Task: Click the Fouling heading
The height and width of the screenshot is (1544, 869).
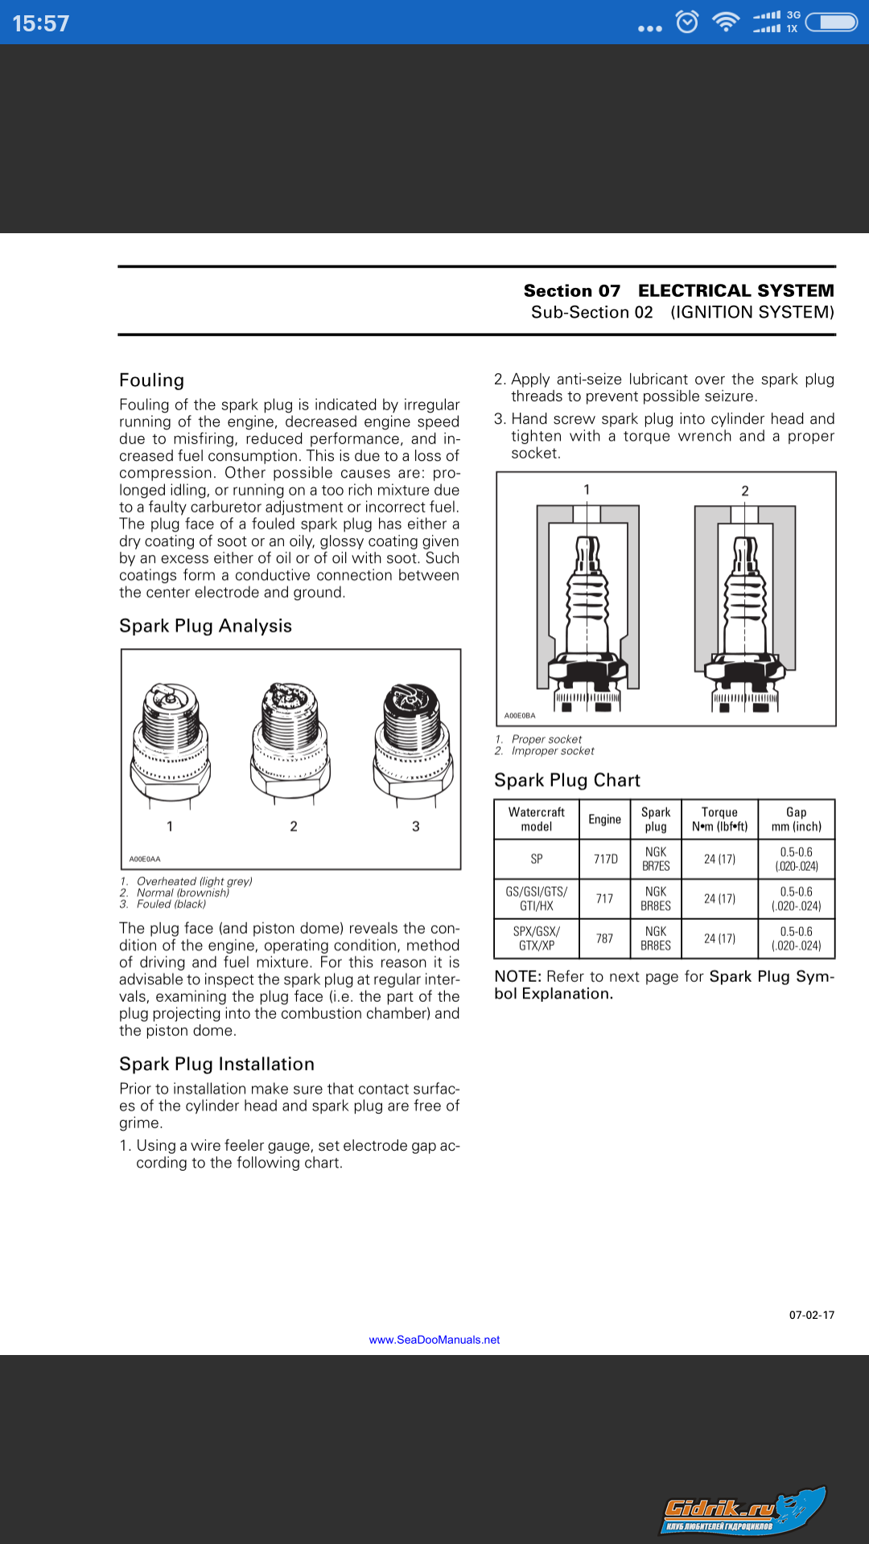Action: click(x=151, y=380)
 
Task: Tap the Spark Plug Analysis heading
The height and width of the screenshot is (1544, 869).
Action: click(x=205, y=626)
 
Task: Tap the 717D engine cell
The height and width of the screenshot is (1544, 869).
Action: click(x=605, y=859)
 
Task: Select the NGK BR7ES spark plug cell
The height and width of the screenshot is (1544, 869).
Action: click(x=656, y=859)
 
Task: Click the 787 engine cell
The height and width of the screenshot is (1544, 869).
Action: click(x=604, y=938)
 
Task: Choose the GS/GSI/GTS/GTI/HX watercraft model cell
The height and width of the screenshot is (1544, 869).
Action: click(x=537, y=898)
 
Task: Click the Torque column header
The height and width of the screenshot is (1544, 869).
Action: click(x=719, y=819)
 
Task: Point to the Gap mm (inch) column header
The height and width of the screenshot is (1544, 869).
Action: click(x=797, y=819)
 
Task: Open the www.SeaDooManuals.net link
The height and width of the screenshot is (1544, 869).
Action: click(x=434, y=1340)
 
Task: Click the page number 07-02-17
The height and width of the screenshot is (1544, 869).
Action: click(x=811, y=1315)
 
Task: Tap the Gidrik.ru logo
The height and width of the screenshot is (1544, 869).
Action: click(x=742, y=1511)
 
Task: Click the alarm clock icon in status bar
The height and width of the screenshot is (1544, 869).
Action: click(x=687, y=22)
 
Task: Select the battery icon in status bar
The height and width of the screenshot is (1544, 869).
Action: click(x=832, y=22)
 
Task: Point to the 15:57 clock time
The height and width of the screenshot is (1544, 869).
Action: click(x=41, y=23)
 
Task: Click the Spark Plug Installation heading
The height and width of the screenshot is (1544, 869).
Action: click(x=216, y=1064)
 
